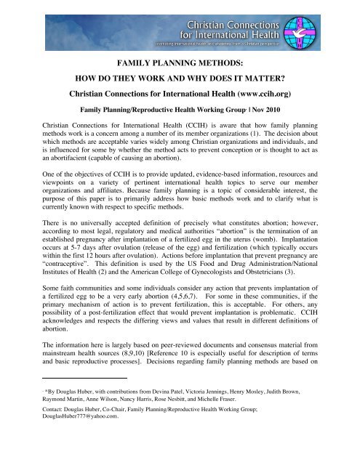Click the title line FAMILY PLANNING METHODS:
[180, 63]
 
